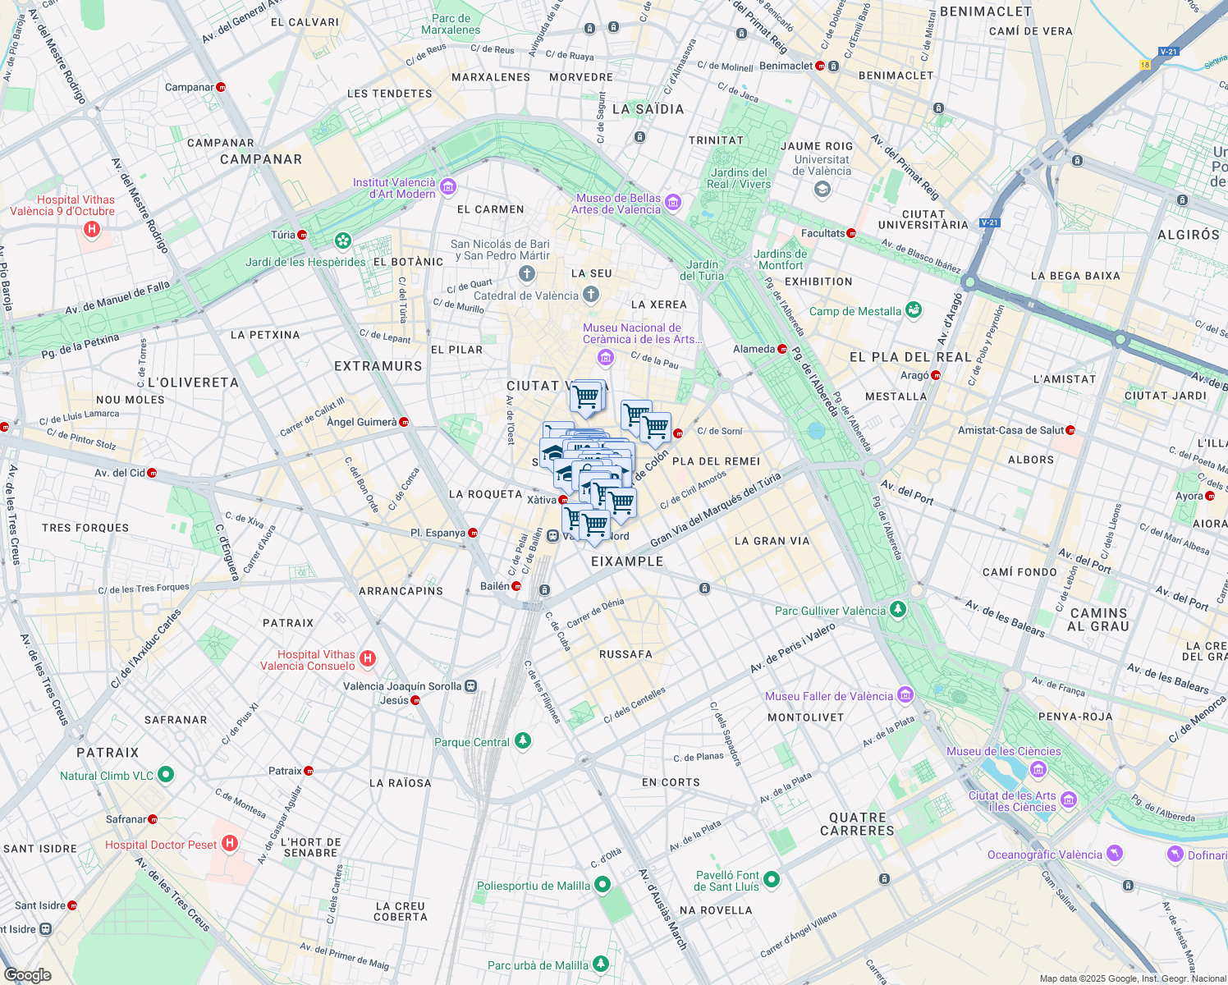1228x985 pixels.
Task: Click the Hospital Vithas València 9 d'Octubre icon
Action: [x=92, y=230]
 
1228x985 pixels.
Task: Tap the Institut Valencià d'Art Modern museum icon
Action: [x=447, y=187]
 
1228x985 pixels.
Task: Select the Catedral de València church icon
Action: [x=591, y=295]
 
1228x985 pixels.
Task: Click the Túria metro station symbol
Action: [x=302, y=235]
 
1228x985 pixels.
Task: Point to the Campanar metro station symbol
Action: [x=221, y=87]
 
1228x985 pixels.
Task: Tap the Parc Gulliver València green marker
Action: [x=898, y=610]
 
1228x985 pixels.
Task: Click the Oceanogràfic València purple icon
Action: [x=1114, y=854]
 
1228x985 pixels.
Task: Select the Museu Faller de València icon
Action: [x=905, y=695]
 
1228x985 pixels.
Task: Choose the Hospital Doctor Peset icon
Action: [x=230, y=843]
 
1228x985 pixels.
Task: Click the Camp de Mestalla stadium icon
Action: [x=914, y=310]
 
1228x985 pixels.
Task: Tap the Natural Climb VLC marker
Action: [x=165, y=774]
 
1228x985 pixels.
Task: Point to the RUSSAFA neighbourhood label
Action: [x=625, y=654]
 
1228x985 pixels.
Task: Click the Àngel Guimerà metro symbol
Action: [x=404, y=422]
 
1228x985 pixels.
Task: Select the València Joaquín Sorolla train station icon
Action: [x=470, y=685]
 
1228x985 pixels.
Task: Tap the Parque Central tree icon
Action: [x=522, y=741]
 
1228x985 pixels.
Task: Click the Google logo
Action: [x=28, y=974]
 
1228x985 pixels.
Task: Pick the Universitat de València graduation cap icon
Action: [x=822, y=190]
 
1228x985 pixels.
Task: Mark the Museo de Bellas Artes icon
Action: [x=672, y=202]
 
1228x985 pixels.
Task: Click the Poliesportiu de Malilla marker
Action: [x=603, y=884]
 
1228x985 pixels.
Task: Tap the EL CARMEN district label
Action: [x=490, y=209]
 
